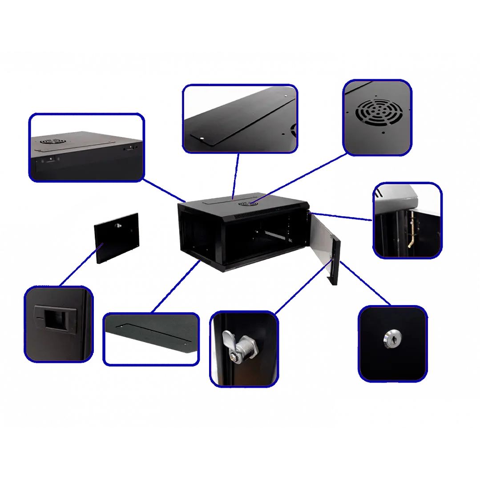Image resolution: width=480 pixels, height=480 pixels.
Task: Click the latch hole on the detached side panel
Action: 119,226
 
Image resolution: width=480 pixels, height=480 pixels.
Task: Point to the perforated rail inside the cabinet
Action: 266,232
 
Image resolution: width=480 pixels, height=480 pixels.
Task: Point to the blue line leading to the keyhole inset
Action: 365,285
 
